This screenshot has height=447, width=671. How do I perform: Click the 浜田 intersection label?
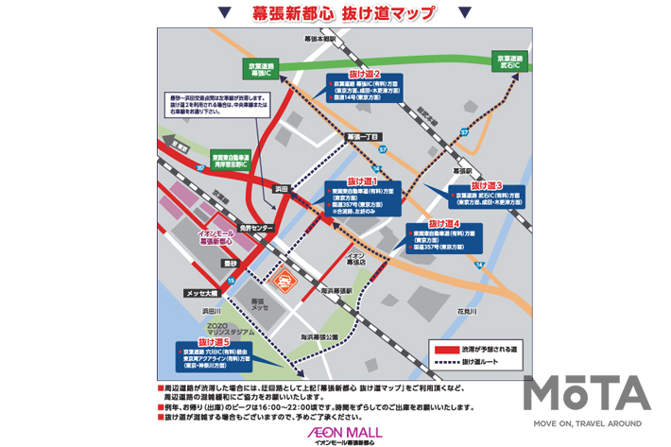pyautogui.click(x=280, y=190)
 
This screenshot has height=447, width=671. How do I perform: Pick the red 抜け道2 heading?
pyautogui.click(x=364, y=74)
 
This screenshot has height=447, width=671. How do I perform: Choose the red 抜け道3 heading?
pyautogui.click(x=487, y=185)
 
